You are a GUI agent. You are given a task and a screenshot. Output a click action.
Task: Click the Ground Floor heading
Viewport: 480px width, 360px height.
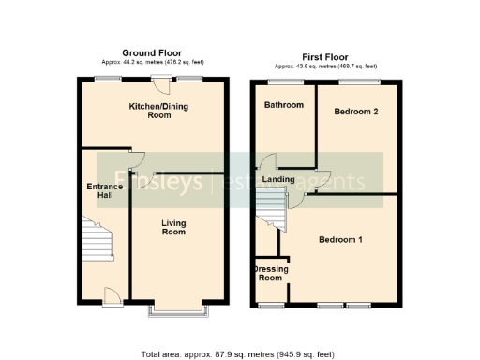(x=152, y=53)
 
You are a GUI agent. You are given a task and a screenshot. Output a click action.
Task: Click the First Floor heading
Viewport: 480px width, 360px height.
(x=325, y=57)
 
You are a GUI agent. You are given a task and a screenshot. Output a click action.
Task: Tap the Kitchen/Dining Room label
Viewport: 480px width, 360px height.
(x=158, y=111)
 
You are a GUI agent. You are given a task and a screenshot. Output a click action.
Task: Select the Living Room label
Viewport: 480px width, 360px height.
(x=173, y=227)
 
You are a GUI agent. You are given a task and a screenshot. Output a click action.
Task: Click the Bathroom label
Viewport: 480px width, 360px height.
(x=283, y=105)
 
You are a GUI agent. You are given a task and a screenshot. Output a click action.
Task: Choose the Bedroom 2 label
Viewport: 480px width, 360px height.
(x=356, y=112)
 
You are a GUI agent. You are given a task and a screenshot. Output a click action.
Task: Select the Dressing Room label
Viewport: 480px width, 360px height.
(x=271, y=274)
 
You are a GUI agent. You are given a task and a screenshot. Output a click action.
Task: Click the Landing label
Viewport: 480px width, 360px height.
(x=278, y=179)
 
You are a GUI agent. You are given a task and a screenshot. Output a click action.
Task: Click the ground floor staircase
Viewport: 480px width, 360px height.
(x=98, y=242)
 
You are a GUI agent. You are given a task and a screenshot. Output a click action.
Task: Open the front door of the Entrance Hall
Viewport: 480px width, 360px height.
(x=111, y=296)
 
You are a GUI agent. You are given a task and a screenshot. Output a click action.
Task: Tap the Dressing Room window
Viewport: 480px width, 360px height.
(x=272, y=305)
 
